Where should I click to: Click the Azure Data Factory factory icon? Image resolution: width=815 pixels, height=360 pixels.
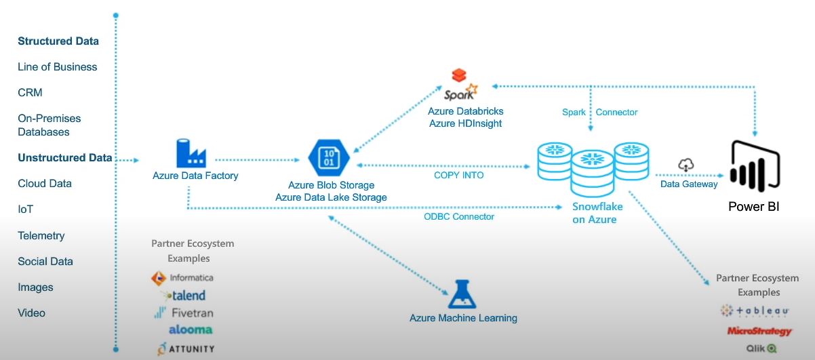(191, 153)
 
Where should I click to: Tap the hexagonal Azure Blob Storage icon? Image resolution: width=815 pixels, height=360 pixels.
(329, 158)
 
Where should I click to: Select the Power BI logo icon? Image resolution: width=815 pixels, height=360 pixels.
(755, 166)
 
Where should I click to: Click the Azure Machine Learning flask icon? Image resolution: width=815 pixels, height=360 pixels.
(462, 294)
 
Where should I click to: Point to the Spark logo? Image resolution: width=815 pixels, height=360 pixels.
(460, 85)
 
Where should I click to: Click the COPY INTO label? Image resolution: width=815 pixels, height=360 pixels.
(459, 176)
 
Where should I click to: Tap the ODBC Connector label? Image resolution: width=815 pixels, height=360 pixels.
(459, 217)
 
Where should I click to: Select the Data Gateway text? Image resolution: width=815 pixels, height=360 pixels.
(689, 184)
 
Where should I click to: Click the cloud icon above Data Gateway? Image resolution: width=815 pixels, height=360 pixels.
(686, 165)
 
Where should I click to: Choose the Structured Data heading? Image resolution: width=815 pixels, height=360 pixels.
(58, 41)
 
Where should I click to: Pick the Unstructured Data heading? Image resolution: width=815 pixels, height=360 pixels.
(65, 157)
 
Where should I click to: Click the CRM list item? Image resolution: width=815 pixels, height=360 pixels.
(30, 93)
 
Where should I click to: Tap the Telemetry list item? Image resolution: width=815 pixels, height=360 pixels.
(41, 236)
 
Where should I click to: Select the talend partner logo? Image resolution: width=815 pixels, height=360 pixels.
(184, 296)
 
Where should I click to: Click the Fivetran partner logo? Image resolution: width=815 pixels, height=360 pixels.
(184, 313)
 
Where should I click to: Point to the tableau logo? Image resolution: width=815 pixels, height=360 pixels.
(754, 311)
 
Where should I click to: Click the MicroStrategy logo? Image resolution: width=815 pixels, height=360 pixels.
(759, 332)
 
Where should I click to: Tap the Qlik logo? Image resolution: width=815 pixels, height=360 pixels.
(761, 348)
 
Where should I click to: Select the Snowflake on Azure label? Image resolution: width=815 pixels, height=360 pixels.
(597, 213)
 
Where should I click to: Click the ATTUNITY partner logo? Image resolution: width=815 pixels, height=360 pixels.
(186, 348)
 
